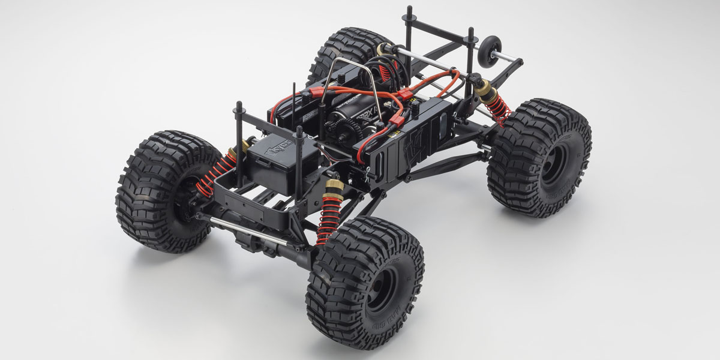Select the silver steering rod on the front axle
pos(240,229)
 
